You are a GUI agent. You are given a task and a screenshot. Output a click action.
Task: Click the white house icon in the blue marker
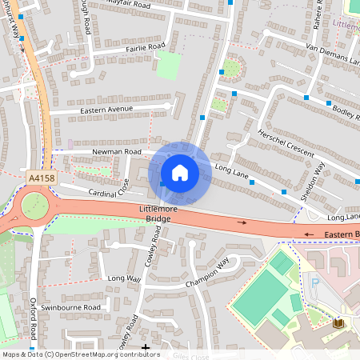point(180,173)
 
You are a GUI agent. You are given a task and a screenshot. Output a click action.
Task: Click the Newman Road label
point(117,151)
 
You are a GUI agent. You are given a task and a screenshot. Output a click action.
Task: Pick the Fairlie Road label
point(145,47)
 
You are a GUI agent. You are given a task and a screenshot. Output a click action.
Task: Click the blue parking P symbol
point(314,282)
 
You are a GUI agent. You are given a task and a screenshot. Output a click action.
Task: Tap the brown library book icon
point(336,323)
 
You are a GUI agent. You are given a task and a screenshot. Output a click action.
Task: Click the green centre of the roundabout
point(34,206)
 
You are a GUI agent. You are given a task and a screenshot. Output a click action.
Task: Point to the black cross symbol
point(145,347)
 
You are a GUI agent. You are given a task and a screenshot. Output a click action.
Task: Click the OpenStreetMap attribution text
point(80,354)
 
